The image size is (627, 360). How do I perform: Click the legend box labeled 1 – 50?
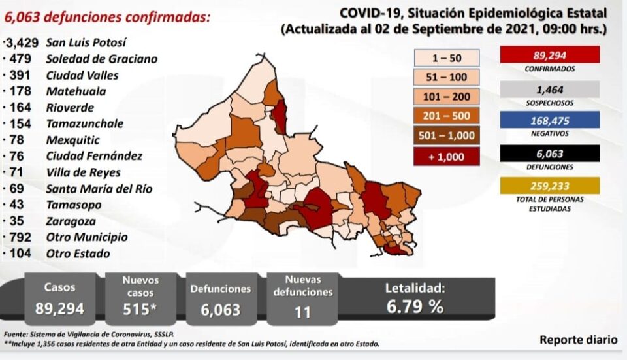pyautogui.click(x=447, y=58)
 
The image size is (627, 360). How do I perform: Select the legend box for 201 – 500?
pyautogui.click(x=447, y=117)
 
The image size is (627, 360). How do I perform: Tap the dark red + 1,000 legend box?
pyautogui.click(x=447, y=156)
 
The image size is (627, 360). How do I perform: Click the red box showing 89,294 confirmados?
pyautogui.click(x=549, y=55)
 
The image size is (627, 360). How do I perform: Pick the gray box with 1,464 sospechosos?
pyautogui.click(x=549, y=90)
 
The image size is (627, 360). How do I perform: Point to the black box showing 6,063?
pyautogui.click(x=549, y=154)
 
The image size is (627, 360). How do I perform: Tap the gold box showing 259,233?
pyautogui.click(x=549, y=186)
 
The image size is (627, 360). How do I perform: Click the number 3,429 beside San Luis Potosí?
pyautogui.click(x=22, y=43)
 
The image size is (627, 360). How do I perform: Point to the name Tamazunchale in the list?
pyautogui.click(x=85, y=123)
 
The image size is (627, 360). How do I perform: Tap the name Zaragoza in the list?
pyautogui.click(x=71, y=221)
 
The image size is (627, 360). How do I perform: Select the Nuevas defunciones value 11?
pyautogui.click(x=302, y=312)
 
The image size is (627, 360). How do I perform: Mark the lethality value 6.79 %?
pyautogui.click(x=414, y=306)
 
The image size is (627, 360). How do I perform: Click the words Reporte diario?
pyautogui.click(x=578, y=340)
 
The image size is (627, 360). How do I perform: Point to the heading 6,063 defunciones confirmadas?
pyautogui.click(x=107, y=18)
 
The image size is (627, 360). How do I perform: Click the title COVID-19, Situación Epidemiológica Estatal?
pyautogui.click(x=473, y=14)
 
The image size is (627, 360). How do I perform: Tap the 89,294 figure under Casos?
pyautogui.click(x=59, y=308)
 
